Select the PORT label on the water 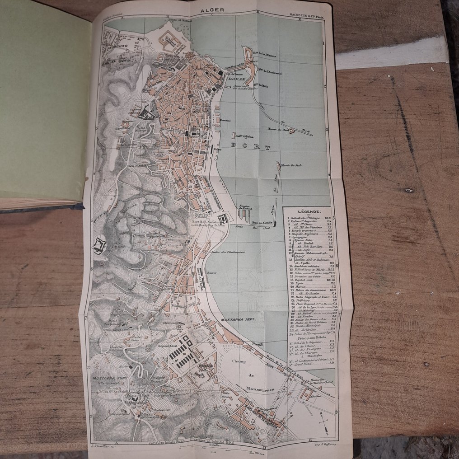click(x=250, y=147)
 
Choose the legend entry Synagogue click(x=300, y=244)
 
